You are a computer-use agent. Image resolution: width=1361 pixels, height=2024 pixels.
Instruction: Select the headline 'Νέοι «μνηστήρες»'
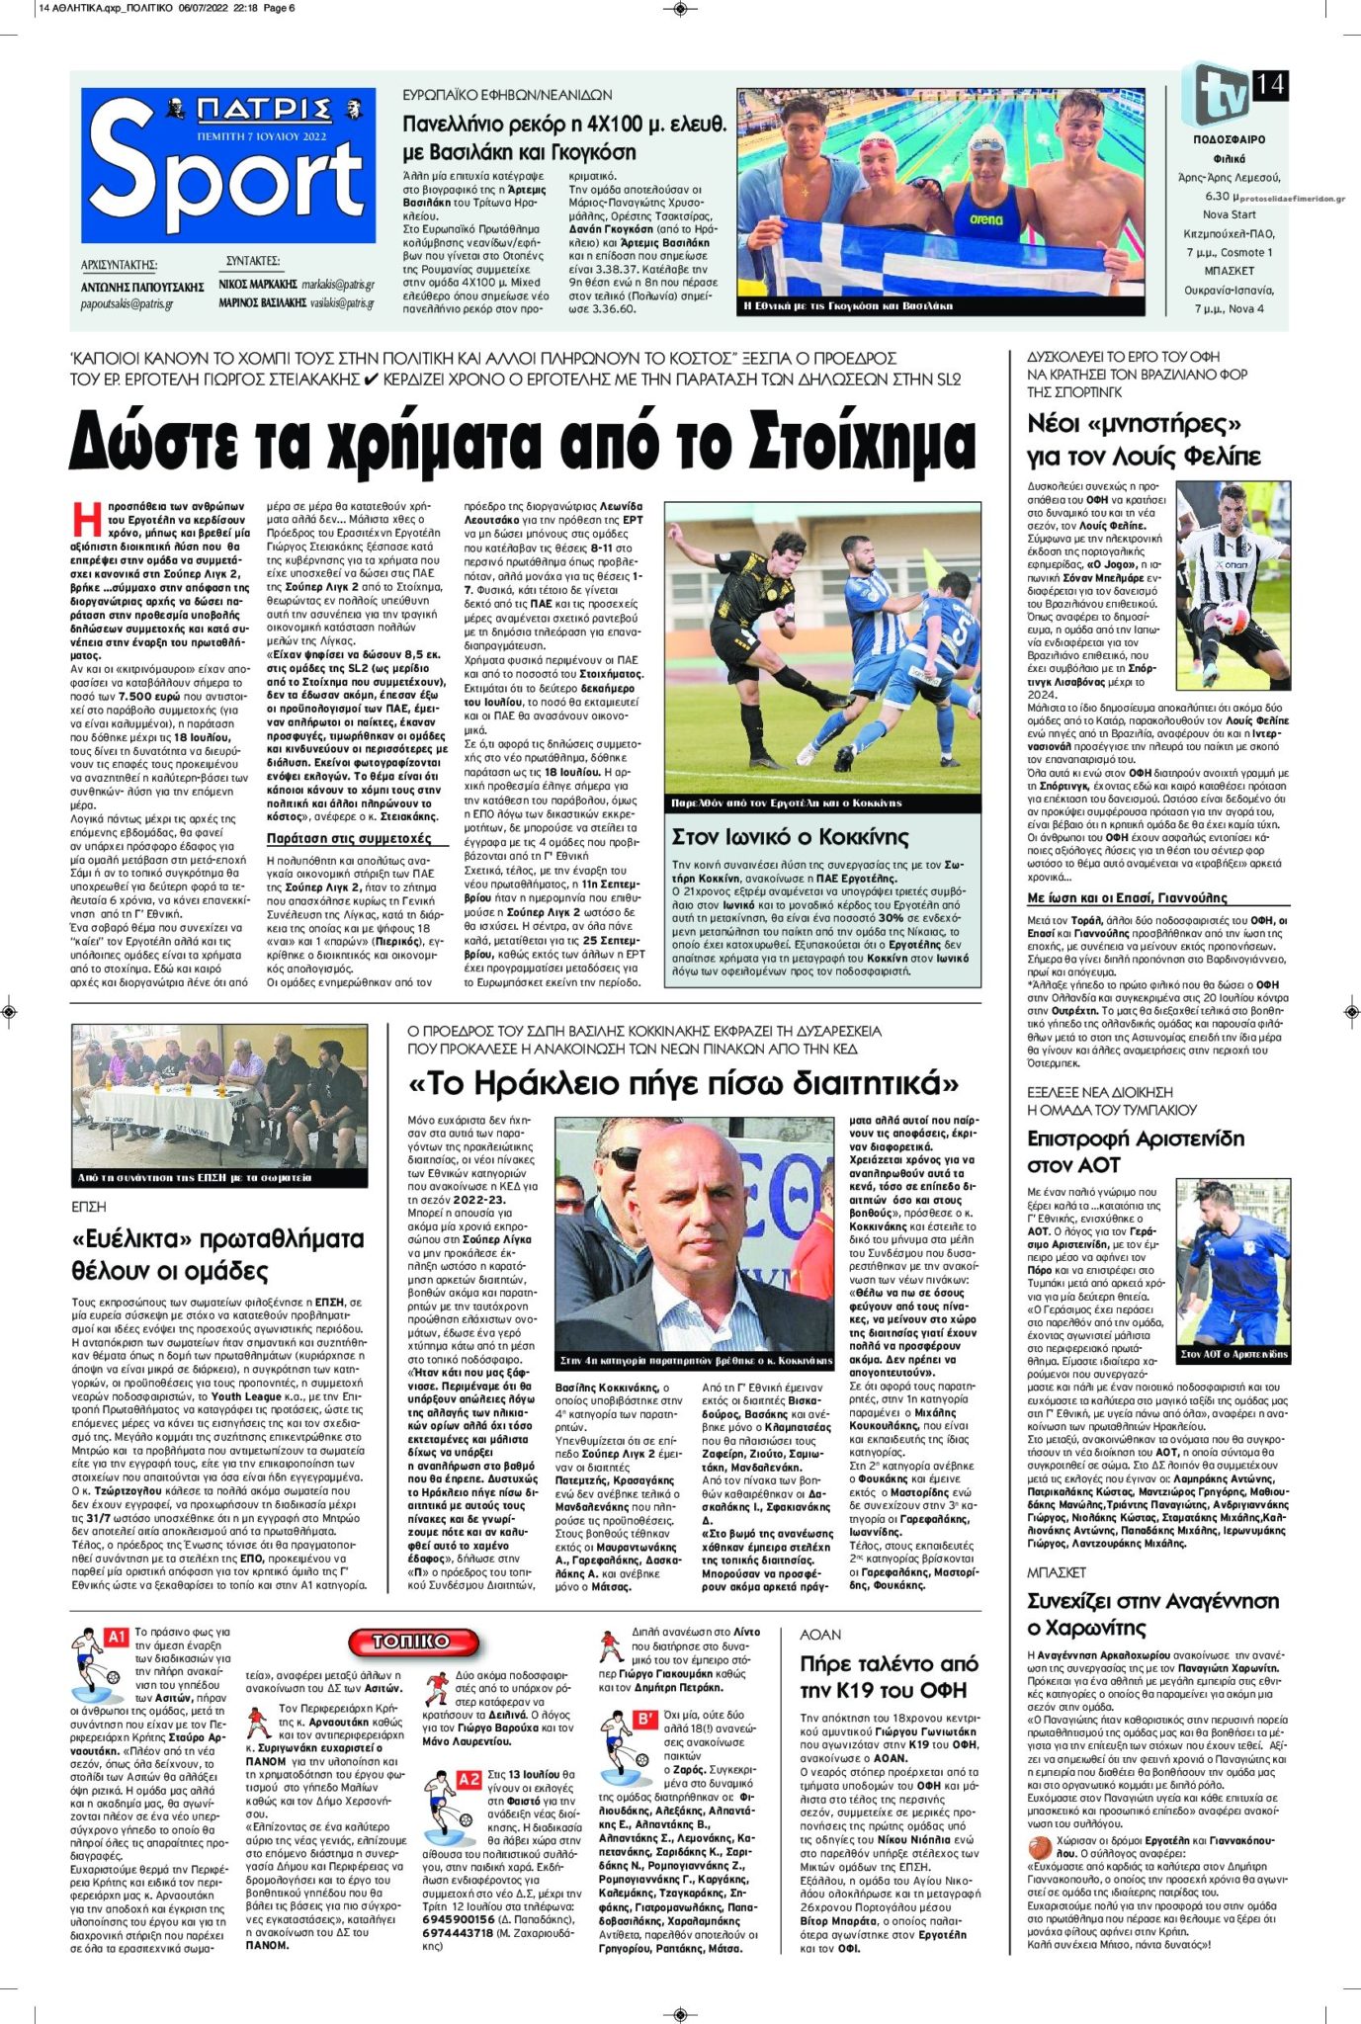click(x=1134, y=424)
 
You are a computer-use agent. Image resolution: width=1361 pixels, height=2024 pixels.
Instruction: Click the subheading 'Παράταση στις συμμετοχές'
click(x=349, y=839)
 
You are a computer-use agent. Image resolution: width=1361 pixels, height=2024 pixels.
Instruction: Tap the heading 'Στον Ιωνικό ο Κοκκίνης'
click(x=790, y=837)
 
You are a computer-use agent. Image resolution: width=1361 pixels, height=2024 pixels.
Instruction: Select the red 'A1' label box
click(x=117, y=1638)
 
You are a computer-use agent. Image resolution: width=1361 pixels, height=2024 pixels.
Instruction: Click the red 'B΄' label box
click(x=645, y=1721)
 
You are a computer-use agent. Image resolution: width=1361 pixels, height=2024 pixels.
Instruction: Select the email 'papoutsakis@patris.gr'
click(x=127, y=304)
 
